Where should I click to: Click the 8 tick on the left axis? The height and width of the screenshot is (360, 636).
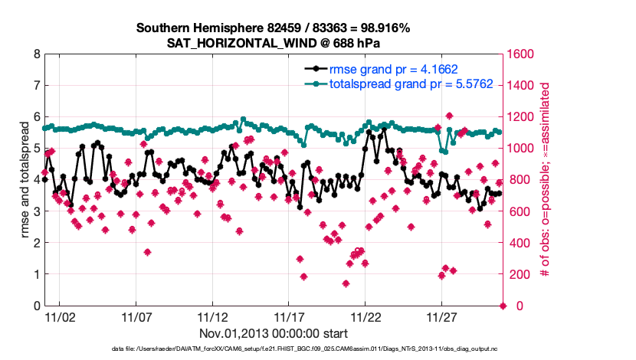click(36, 54)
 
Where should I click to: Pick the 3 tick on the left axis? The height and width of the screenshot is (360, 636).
click(36, 211)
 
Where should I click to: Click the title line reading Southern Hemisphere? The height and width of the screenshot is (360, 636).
click(274, 28)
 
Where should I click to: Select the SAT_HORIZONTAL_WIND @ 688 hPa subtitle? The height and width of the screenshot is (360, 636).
click(274, 43)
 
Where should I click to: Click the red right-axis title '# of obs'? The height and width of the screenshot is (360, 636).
click(546, 180)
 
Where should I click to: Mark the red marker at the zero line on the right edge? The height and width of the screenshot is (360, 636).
click(503, 306)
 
